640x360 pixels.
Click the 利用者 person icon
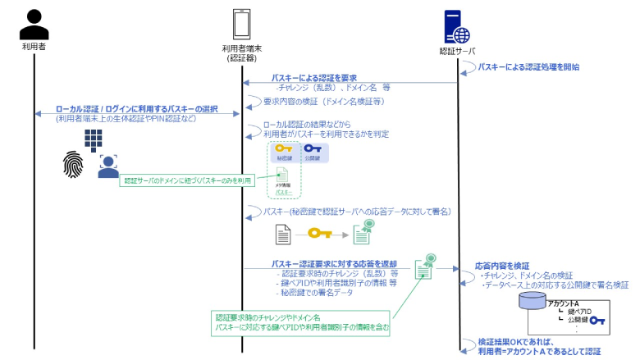34,24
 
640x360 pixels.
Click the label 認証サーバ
457,51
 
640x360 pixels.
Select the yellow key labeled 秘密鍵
284,150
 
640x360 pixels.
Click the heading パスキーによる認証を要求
314,77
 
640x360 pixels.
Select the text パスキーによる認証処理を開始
528,66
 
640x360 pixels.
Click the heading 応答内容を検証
502,267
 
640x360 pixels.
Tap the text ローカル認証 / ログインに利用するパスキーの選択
136,108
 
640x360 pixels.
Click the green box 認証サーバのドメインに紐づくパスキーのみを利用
186,180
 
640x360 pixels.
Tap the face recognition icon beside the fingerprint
108,167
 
